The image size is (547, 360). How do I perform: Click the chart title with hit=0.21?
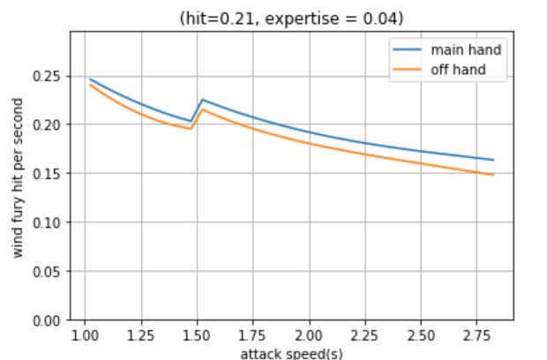292,18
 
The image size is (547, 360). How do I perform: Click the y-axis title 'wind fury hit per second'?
19,176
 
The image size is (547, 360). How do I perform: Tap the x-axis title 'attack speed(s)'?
292,353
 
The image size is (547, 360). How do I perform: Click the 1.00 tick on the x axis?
85,335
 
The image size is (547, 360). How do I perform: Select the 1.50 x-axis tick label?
197,335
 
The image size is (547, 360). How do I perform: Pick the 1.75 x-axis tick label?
253,335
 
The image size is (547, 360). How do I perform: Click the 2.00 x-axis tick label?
309,335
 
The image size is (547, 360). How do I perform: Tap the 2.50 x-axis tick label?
421,335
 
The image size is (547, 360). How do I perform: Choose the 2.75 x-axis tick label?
477,335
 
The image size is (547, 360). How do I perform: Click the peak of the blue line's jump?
202,100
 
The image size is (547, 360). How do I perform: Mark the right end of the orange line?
493,175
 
